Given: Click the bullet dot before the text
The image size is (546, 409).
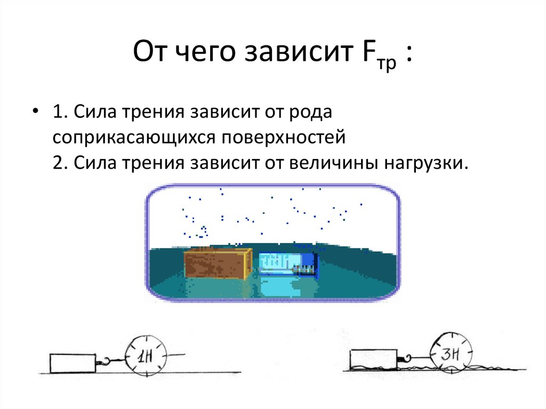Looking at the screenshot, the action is [36, 114].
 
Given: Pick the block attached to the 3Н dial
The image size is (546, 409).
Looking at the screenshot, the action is [373, 359].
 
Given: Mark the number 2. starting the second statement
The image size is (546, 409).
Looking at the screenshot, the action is [60, 163].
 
